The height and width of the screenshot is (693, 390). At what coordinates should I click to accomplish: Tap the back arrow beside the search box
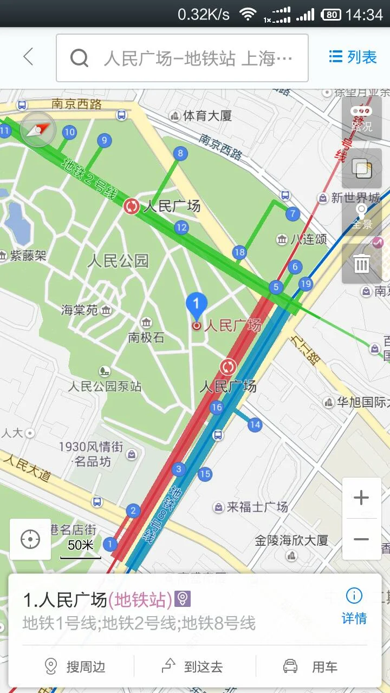[x=28, y=57]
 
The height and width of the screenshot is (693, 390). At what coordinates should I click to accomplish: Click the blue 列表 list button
[x=353, y=57]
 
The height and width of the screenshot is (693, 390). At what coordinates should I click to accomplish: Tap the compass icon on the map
[x=37, y=129]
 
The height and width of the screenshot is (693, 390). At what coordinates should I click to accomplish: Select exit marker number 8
[x=180, y=154]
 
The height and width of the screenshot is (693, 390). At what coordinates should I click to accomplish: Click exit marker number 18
[x=239, y=252]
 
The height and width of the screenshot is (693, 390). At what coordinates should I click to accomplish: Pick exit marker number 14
[x=255, y=424]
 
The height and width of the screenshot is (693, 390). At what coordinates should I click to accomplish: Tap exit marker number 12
[x=181, y=227]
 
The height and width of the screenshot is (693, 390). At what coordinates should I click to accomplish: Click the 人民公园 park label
[x=118, y=261]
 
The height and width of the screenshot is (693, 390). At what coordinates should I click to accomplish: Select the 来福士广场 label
[x=257, y=507]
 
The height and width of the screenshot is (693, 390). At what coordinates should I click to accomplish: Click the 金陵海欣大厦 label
[x=291, y=540]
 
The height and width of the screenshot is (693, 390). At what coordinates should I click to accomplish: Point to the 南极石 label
[x=146, y=337]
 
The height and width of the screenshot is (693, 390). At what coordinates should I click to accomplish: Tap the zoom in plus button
[x=361, y=498]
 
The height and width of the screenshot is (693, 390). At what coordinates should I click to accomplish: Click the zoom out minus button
[x=361, y=539]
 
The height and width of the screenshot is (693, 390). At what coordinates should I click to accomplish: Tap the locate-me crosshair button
[x=30, y=539]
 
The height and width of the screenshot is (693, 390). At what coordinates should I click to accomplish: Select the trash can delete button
[x=361, y=264]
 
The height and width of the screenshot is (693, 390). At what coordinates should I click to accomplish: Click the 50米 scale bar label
[x=80, y=545]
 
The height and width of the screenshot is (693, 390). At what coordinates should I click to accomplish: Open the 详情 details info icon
[x=354, y=606]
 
